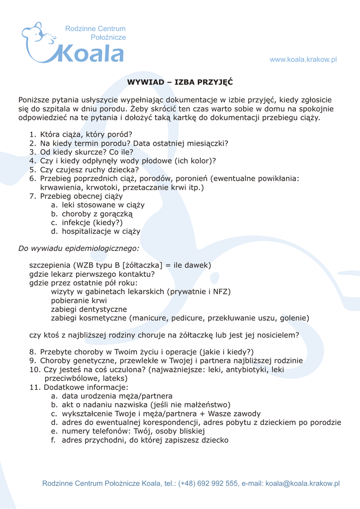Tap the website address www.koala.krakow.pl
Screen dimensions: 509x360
(x=303, y=60)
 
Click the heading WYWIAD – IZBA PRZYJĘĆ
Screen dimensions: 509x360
(x=180, y=82)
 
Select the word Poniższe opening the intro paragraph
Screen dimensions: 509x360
(x=36, y=100)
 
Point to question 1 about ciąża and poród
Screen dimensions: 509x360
(x=86, y=134)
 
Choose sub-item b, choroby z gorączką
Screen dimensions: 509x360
(x=97, y=214)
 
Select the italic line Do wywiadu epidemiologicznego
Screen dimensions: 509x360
(x=79, y=248)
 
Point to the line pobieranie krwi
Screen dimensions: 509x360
(x=79, y=301)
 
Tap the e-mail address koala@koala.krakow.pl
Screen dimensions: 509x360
(x=302, y=483)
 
